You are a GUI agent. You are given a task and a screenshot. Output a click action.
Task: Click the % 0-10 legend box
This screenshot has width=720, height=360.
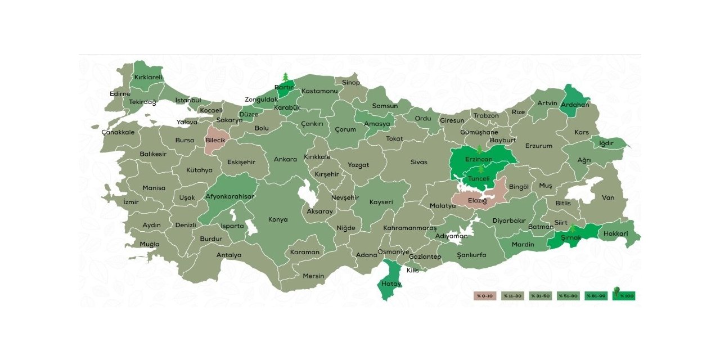click(485, 295)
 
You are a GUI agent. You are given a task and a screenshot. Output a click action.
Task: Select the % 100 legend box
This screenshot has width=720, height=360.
click(624, 295)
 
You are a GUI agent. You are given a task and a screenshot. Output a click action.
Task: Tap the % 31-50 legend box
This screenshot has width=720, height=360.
click(540, 295)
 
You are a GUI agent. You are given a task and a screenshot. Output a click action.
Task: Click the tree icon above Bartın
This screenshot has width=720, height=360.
click(285, 76)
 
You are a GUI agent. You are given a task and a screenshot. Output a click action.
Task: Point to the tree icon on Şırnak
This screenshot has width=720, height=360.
click(572, 228)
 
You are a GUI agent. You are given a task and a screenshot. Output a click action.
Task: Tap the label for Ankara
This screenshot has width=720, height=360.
click(285, 159)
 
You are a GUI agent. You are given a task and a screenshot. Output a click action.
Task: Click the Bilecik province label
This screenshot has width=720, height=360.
click(215, 139)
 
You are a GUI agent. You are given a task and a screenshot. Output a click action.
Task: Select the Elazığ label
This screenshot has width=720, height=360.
click(478, 200)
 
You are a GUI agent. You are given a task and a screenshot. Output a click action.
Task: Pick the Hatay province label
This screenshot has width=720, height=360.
click(391, 283)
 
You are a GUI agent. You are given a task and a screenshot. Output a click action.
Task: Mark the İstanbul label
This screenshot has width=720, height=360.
click(188, 100)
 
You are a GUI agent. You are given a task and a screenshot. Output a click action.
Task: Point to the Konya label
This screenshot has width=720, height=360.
click(278, 219)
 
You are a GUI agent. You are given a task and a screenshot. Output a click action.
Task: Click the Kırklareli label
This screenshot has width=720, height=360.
click(148, 78)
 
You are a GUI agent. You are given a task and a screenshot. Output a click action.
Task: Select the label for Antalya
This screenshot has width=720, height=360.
click(229, 255)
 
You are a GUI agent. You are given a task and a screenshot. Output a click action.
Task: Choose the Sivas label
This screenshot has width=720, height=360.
click(418, 162)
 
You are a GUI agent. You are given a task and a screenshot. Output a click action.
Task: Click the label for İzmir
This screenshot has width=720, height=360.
click(131, 201)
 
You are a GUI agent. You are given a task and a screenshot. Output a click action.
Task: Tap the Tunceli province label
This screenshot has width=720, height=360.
click(479, 179)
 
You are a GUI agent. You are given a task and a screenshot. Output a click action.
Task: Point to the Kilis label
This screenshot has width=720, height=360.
click(413, 271)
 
